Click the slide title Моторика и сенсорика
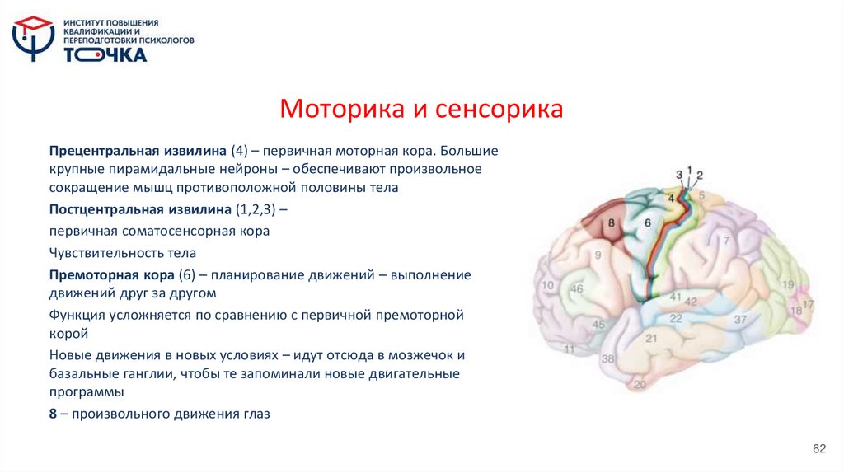(x=421, y=109)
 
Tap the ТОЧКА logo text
(x=105, y=55)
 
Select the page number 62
(x=818, y=447)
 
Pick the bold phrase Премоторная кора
(x=105, y=274)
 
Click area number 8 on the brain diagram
(x=611, y=222)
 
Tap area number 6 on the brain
(x=647, y=222)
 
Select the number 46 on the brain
(x=577, y=289)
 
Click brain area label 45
(x=598, y=325)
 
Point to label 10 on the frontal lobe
(x=547, y=285)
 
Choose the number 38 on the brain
(x=608, y=359)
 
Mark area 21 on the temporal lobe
(x=650, y=338)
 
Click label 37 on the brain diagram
(x=739, y=319)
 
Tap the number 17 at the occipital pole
(x=808, y=305)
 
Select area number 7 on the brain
(x=726, y=241)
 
